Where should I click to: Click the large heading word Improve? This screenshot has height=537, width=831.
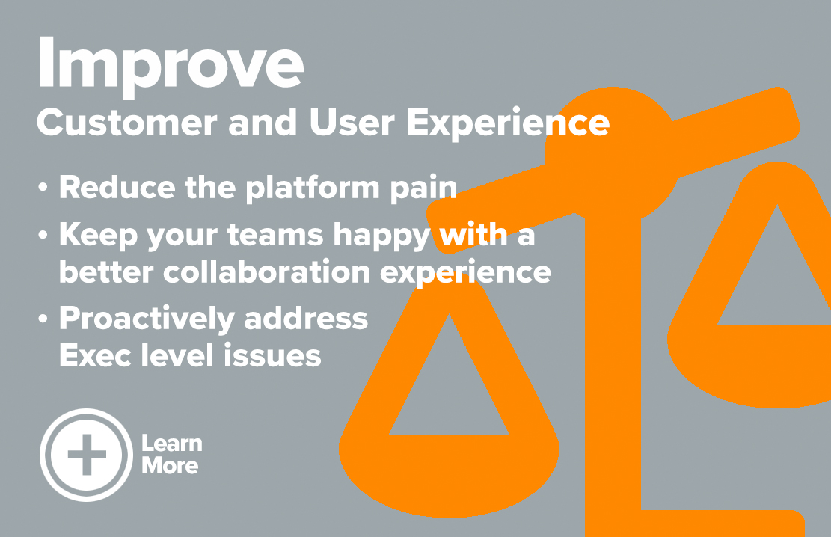pos(170,64)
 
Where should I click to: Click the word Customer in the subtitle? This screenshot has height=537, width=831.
pos(126,123)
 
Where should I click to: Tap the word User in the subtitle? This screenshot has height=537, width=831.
pos(352,123)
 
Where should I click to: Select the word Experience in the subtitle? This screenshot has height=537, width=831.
pos(508,123)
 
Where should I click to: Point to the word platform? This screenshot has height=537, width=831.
pos(313,188)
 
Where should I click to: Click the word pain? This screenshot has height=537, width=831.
pos(423,189)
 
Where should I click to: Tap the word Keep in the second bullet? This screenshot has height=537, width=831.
pos(98,235)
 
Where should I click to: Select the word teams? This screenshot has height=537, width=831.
pos(275,235)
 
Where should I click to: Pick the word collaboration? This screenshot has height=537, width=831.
pos(266,272)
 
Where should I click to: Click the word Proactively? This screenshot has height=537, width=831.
pos(147,319)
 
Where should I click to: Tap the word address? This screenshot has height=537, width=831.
pos(306,318)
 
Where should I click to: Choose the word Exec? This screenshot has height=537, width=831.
pos(95,355)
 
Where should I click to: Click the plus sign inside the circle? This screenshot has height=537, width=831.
pos(87,455)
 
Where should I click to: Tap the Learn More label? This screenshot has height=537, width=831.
pos(172,454)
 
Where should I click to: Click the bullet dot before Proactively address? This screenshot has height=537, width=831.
pos(43,319)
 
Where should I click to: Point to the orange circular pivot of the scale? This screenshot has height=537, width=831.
pos(612,155)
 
